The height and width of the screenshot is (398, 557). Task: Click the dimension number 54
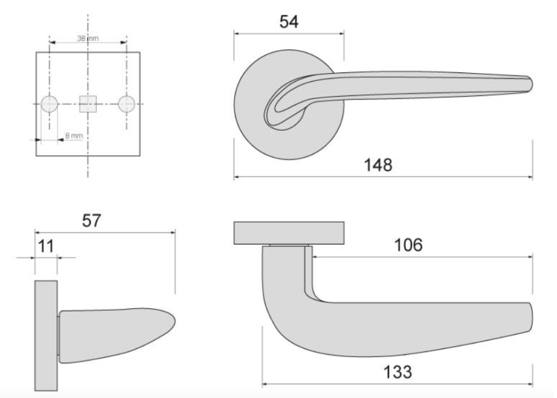[x=289, y=22]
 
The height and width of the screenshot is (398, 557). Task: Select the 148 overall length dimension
[x=378, y=165]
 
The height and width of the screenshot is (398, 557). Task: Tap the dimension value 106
[x=408, y=245]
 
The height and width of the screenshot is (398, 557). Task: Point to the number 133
[x=397, y=372]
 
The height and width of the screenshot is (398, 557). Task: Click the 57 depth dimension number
[x=92, y=221]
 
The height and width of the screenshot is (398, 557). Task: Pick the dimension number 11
[x=46, y=246]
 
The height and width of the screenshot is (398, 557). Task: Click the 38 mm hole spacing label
[x=88, y=38]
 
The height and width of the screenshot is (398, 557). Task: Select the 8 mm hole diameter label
[x=74, y=136]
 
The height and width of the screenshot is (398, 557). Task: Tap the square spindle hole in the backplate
[x=88, y=104]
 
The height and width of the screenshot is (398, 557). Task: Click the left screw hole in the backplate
[x=50, y=104]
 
